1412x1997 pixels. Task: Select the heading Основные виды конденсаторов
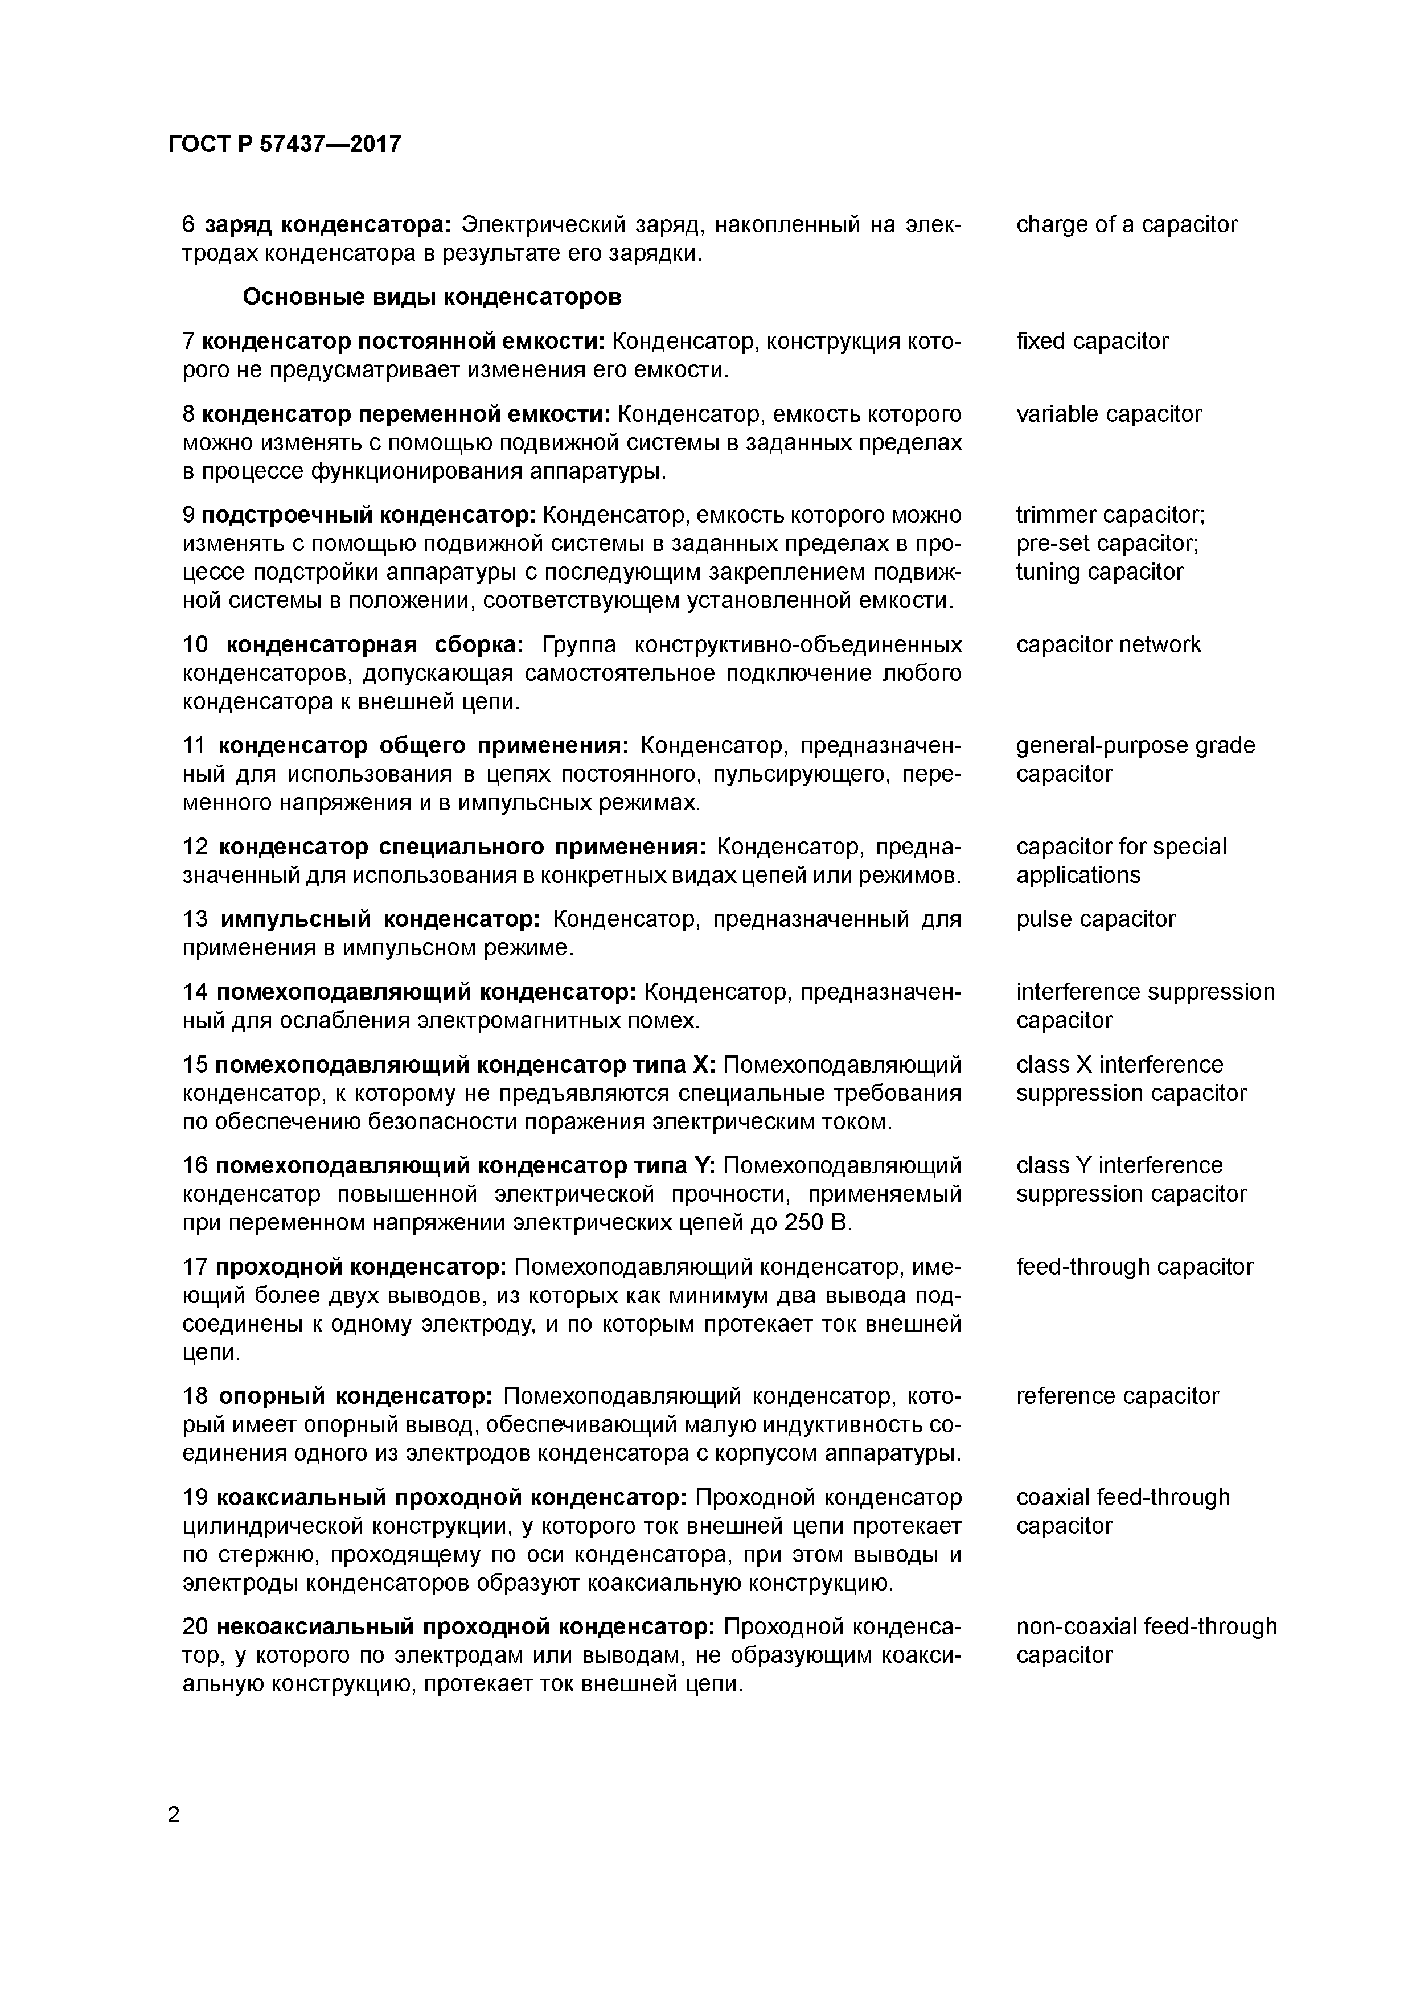(432, 298)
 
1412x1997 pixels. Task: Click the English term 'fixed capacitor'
(1092, 341)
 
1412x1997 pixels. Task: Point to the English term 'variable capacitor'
(1109, 414)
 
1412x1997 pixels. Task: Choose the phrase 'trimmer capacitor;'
(1110, 515)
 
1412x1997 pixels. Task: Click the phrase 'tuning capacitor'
(1099, 572)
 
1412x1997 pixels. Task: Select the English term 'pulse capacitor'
(1095, 919)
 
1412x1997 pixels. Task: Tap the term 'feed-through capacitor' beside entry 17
(1135, 1267)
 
